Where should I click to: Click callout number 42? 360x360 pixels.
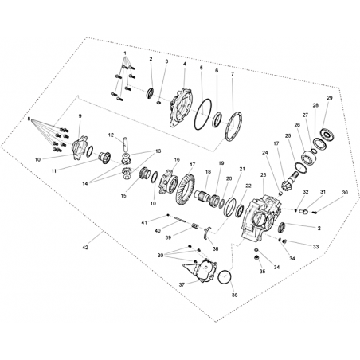[85, 248]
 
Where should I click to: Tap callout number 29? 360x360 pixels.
[330, 98]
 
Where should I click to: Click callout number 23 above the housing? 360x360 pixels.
[264, 175]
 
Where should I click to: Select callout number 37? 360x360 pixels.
[182, 285]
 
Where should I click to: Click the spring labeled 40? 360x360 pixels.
[180, 219]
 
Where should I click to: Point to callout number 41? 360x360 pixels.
[144, 222]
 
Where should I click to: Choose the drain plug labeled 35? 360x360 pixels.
[256, 258]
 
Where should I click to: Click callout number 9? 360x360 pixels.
[80, 116]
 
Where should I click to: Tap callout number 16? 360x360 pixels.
[177, 159]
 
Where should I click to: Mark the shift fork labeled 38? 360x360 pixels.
[207, 233]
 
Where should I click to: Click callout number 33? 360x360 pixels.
[315, 247]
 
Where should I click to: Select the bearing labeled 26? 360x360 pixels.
[307, 158]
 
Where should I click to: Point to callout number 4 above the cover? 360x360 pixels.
[185, 64]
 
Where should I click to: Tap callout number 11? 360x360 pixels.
[54, 171]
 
